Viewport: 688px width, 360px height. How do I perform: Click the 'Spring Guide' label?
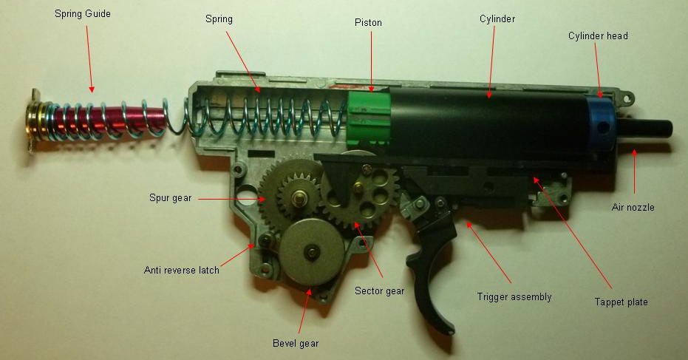(83, 13)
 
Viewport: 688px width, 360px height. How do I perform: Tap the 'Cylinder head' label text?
(598, 36)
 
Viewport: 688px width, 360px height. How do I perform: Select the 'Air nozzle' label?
(633, 207)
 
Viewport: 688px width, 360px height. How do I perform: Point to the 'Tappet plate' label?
(621, 302)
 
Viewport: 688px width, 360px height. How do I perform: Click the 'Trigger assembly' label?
(514, 297)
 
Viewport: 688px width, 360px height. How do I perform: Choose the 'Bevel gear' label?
(296, 343)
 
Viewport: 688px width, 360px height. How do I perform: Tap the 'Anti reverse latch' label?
(182, 270)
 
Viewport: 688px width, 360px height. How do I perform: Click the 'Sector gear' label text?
(380, 291)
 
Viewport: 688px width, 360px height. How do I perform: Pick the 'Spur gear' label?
(170, 198)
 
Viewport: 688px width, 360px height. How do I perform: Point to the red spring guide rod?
(109, 120)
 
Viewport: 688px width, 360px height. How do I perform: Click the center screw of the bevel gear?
(313, 251)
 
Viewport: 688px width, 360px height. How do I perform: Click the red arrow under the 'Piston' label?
(371, 61)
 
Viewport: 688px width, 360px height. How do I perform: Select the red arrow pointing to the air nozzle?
(634, 171)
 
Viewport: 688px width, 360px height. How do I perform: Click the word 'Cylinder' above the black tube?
(497, 19)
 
